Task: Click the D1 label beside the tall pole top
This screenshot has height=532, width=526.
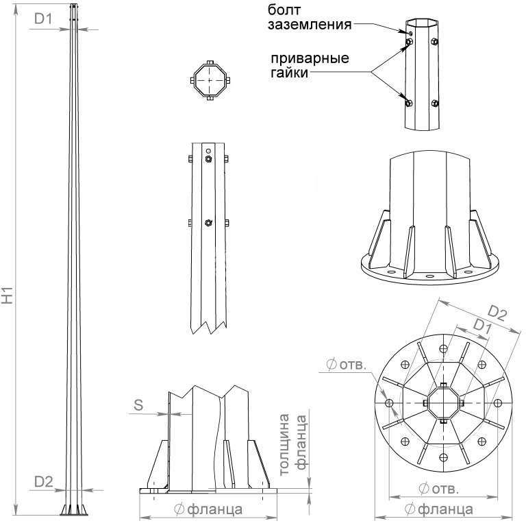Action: (44, 19)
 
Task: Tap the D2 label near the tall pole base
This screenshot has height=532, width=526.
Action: (44, 481)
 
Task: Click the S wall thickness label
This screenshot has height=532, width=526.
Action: (138, 404)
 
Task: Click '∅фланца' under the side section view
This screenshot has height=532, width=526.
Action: (208, 509)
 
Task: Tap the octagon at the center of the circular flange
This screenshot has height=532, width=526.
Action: (443, 403)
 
